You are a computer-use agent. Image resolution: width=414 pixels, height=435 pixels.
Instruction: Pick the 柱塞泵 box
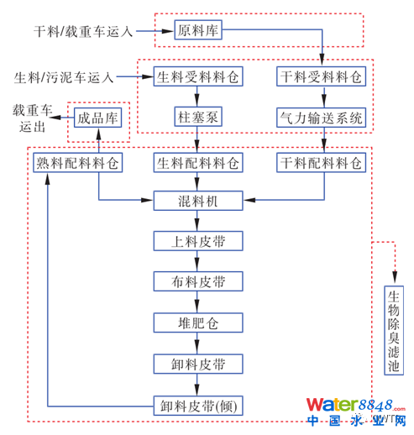click(x=198, y=118)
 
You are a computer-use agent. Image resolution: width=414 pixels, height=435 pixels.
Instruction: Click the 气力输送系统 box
click(x=322, y=118)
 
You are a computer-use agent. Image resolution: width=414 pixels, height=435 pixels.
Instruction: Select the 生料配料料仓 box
click(x=198, y=161)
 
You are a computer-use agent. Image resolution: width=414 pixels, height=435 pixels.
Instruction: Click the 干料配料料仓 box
click(x=322, y=161)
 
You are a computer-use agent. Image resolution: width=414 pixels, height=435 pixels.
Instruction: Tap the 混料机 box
click(x=198, y=201)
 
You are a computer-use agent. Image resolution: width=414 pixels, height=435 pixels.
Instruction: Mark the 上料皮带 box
click(x=198, y=241)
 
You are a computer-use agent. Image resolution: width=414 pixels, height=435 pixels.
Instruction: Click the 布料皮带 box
click(x=198, y=281)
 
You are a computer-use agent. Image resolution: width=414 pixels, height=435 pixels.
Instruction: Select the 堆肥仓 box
click(x=198, y=322)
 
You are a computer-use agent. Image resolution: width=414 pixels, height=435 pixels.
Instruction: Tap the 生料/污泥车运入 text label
click(x=64, y=77)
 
